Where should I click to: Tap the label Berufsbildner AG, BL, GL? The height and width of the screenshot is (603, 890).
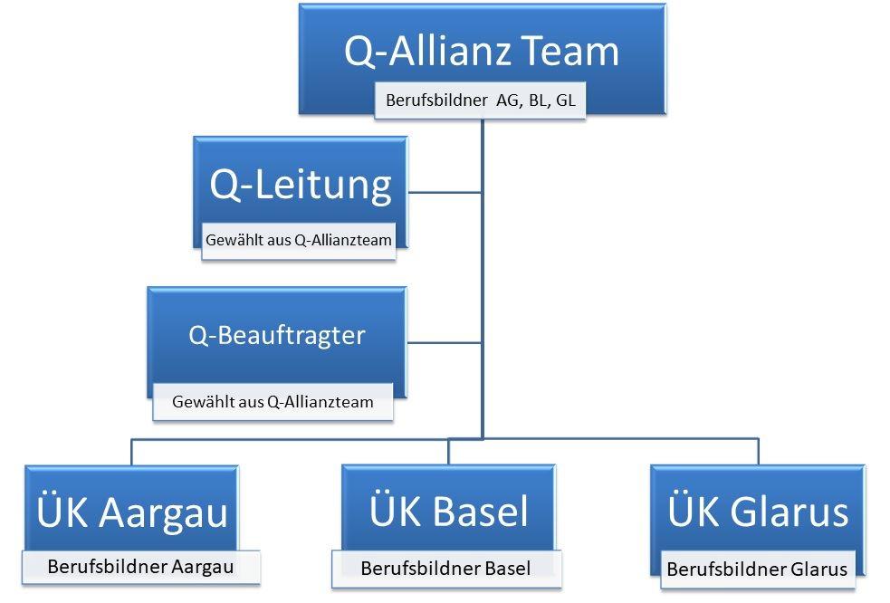tap(480, 100)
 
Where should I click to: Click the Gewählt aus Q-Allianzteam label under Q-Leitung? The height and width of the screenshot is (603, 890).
tap(298, 241)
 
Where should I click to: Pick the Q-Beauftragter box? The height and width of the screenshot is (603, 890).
tap(277, 336)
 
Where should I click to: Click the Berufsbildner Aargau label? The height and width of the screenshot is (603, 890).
tap(140, 568)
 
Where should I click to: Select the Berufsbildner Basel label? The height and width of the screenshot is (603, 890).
tap(445, 569)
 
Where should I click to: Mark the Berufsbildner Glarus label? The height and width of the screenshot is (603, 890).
tap(757, 569)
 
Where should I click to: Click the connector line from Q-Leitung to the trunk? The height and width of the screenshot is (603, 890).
tap(444, 192)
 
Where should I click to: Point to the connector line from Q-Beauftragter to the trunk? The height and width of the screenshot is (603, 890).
tap(444, 342)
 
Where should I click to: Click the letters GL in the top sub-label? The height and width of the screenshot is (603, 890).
tap(565, 100)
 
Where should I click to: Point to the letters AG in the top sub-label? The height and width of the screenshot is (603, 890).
tap(507, 100)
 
